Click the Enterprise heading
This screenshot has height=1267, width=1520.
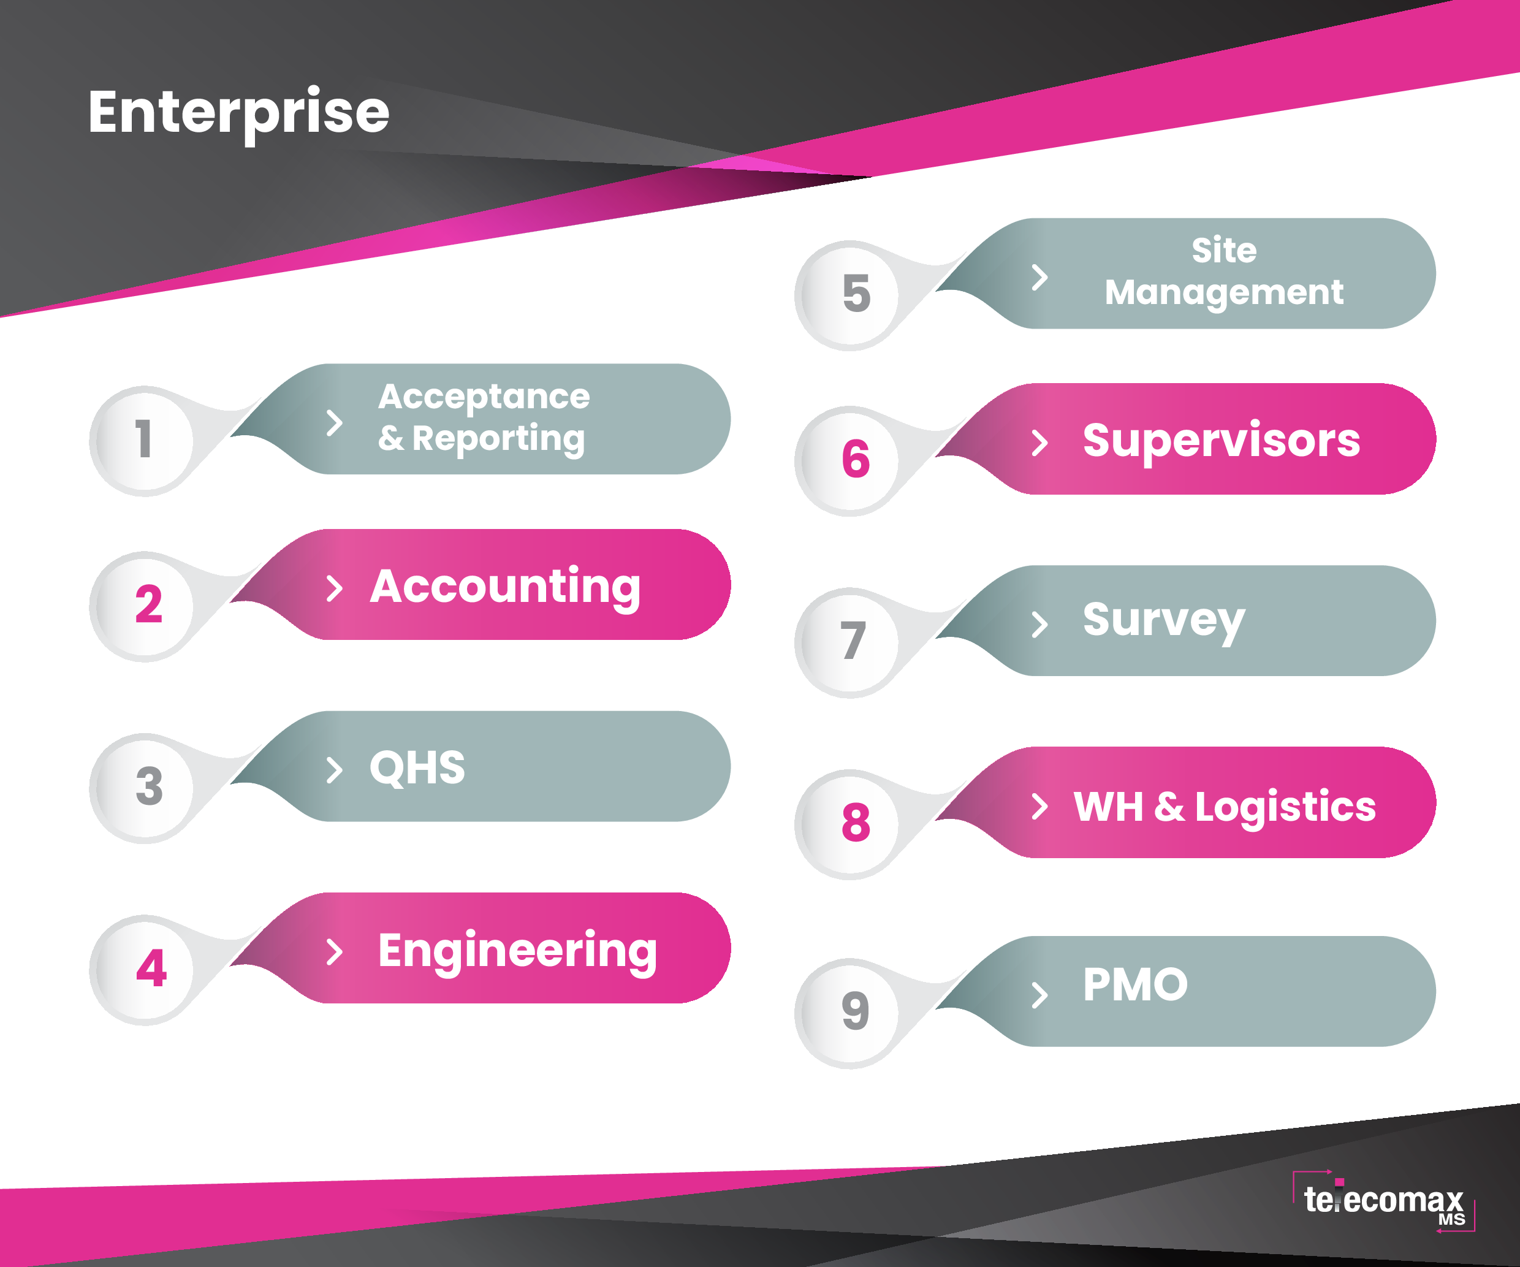(x=239, y=113)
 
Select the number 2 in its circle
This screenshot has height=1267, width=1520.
(x=149, y=604)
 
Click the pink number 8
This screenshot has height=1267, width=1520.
(x=856, y=823)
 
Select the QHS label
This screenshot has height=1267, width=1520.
(x=417, y=767)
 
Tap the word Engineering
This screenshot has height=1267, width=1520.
(x=517, y=951)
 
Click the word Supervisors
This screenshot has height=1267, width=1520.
(x=1222, y=441)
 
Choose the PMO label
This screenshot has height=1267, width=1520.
(x=1135, y=984)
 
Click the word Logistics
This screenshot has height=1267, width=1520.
(x=1285, y=808)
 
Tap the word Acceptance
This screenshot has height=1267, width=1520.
(x=484, y=397)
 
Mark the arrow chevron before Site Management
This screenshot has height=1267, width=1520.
(x=1040, y=277)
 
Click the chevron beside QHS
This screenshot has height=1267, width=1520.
(x=335, y=770)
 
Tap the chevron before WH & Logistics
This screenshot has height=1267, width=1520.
(x=1040, y=807)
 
